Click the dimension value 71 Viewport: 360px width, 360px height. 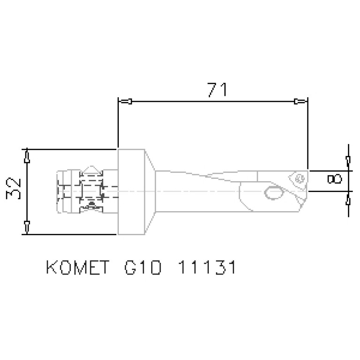(216, 89)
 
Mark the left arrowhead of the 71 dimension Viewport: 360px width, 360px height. (126, 101)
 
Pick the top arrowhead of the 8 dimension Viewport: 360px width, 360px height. (347, 161)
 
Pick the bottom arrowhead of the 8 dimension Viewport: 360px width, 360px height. (347, 199)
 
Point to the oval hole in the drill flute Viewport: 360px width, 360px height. (272, 192)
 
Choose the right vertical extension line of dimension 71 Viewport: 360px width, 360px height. (307, 131)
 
